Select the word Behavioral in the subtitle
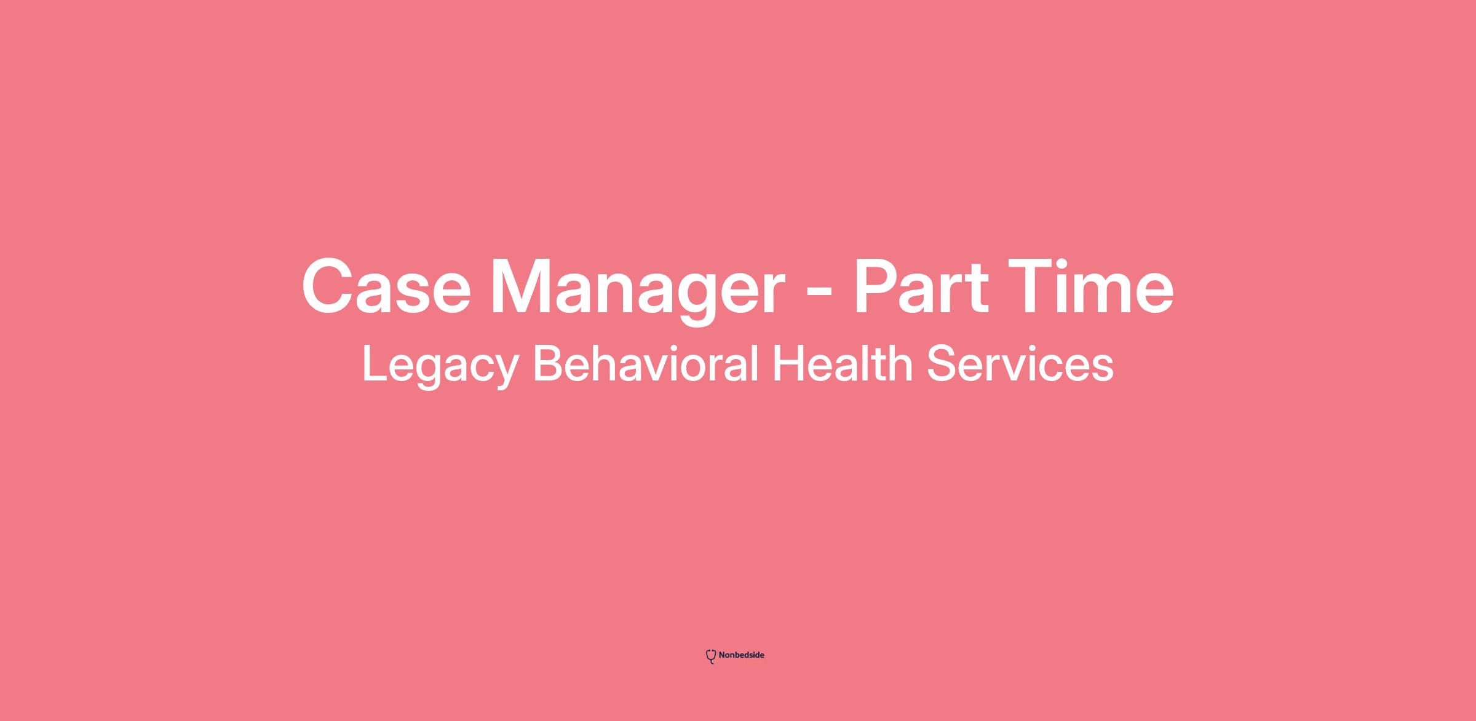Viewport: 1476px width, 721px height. [x=645, y=363]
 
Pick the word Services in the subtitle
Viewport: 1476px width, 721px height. [x=1020, y=363]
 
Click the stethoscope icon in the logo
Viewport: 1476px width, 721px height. [x=711, y=656]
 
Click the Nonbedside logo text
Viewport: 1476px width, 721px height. [x=742, y=655]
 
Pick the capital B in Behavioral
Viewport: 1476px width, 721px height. [x=549, y=363]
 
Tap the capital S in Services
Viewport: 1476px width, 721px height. [x=942, y=363]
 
